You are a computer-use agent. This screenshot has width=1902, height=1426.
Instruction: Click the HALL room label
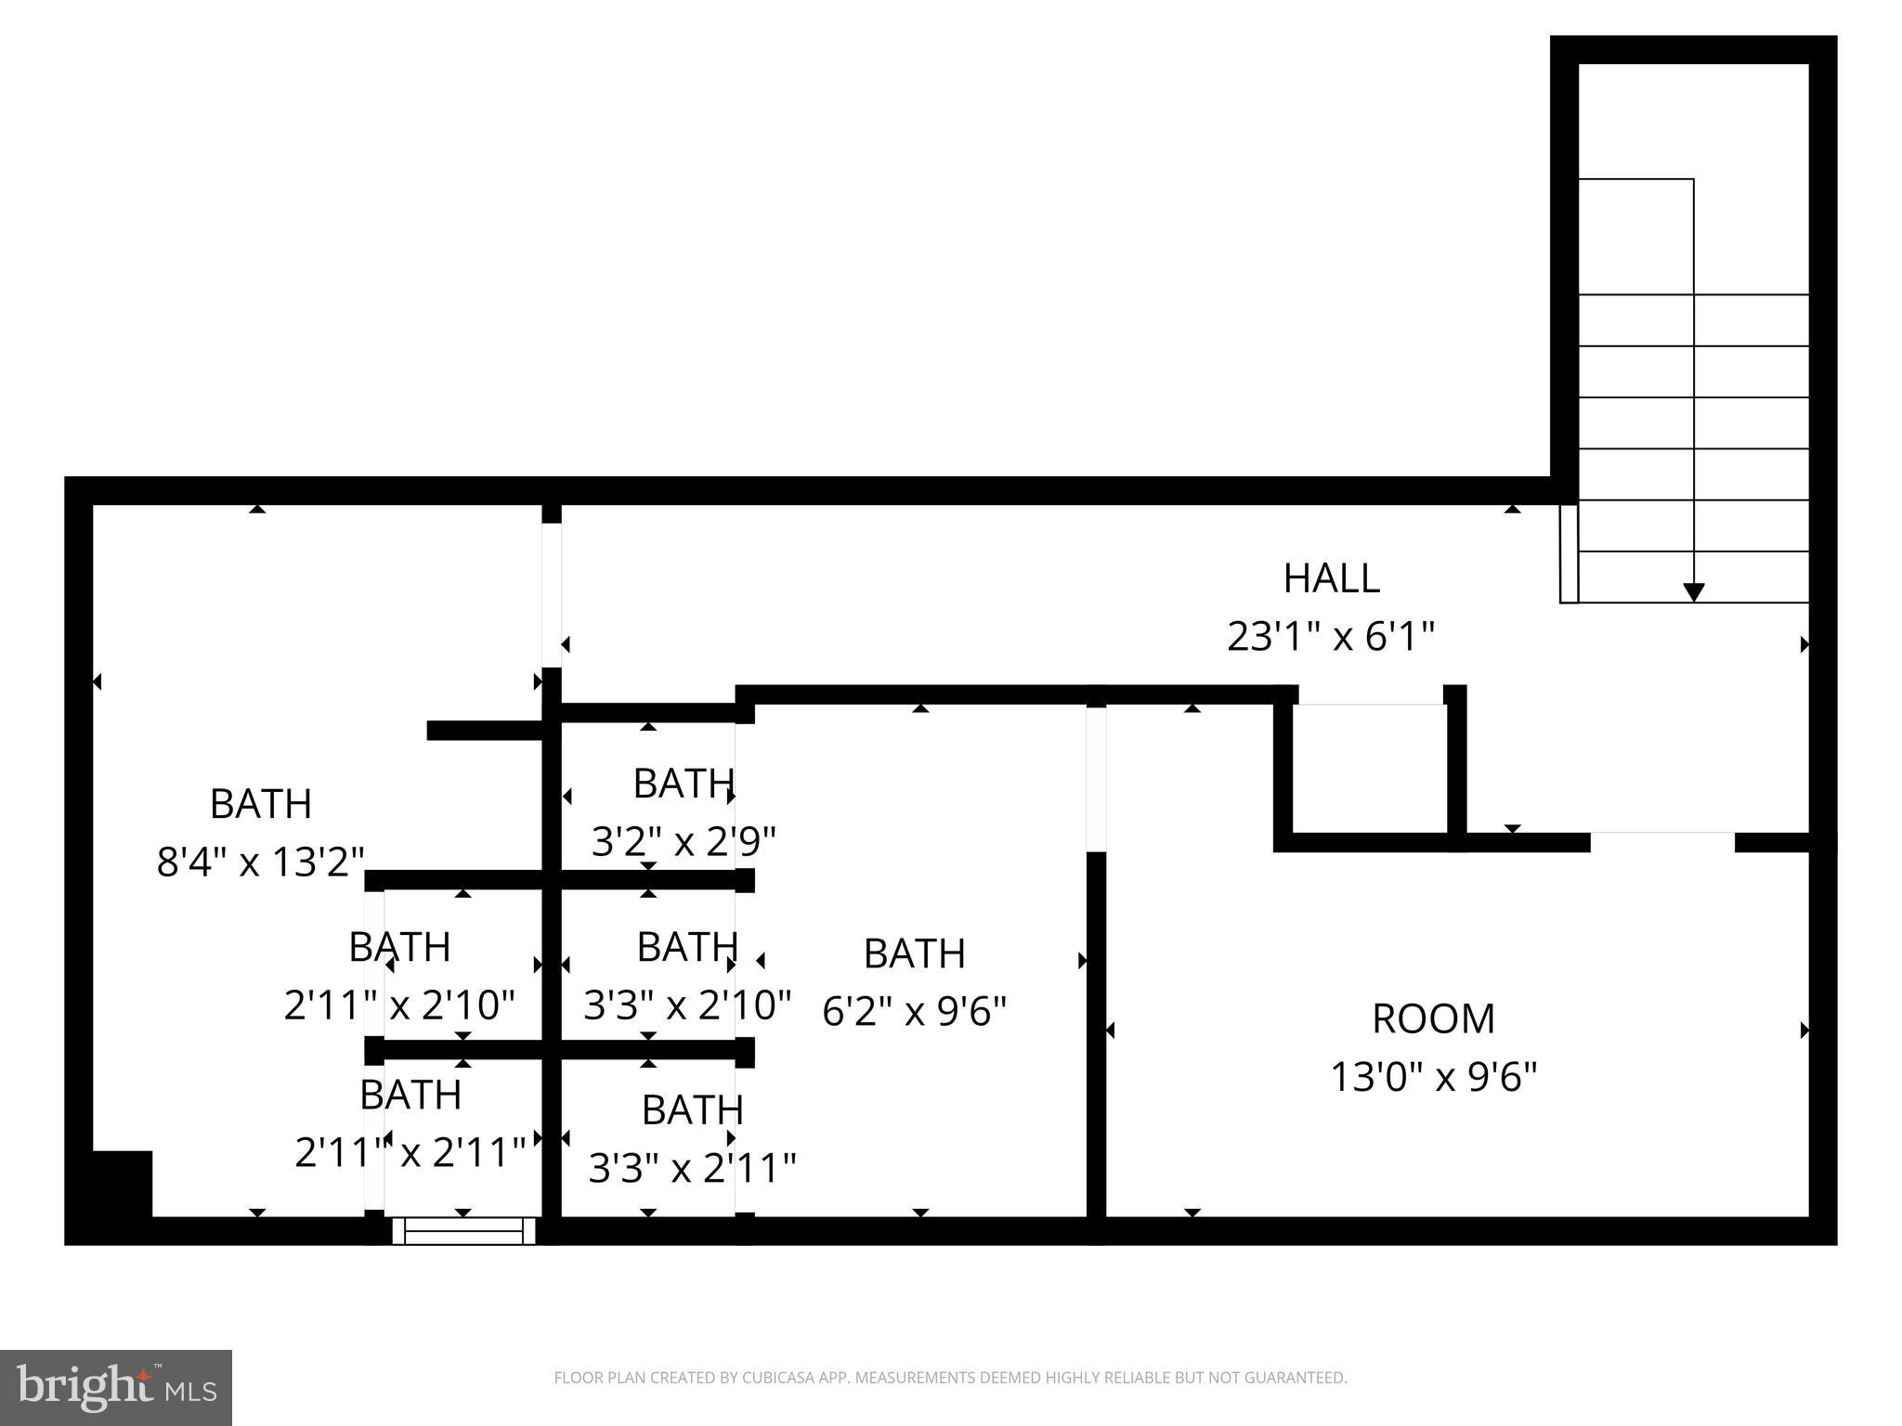pyautogui.click(x=1331, y=578)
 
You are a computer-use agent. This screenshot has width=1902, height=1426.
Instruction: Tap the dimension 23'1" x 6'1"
pyautogui.click(x=1331, y=637)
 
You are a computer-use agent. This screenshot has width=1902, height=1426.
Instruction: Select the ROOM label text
pyautogui.click(x=1433, y=1018)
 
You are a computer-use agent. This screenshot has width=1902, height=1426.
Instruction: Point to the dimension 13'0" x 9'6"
pyautogui.click(x=1433, y=1077)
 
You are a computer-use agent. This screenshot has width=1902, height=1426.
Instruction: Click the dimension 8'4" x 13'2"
pyautogui.click(x=260, y=862)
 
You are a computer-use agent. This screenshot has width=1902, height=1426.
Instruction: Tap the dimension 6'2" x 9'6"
pyautogui.click(x=914, y=1011)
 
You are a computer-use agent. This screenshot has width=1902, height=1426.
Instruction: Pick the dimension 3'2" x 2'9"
pyautogui.click(x=684, y=842)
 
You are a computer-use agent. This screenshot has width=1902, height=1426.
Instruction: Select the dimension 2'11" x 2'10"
pyautogui.click(x=399, y=1005)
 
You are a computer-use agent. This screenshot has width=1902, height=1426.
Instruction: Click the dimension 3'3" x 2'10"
pyautogui.click(x=687, y=1005)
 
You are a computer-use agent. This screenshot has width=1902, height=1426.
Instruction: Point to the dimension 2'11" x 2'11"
pyautogui.click(x=410, y=1152)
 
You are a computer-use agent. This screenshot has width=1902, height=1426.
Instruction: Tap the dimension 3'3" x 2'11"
pyautogui.click(x=693, y=1167)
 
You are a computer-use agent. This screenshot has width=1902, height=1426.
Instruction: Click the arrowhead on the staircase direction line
pyautogui.click(x=1693, y=591)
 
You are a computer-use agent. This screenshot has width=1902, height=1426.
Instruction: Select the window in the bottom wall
pyautogui.click(x=463, y=1231)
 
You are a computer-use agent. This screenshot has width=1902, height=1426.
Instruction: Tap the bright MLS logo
pyautogui.click(x=115, y=1387)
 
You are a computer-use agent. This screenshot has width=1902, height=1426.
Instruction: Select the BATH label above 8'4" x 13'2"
pyautogui.click(x=260, y=804)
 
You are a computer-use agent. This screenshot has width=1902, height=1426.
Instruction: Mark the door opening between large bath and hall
pyautogui.click(x=552, y=595)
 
